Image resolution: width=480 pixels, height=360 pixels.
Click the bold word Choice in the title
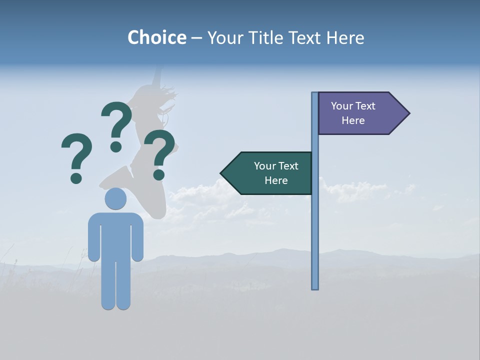(156, 37)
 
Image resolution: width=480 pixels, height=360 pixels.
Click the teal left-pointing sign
(270, 173)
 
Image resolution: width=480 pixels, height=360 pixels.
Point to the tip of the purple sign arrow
(408, 113)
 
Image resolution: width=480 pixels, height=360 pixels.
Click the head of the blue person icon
(115, 199)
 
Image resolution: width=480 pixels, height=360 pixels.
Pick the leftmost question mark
(76, 152)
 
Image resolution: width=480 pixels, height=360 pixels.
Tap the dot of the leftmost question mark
(76, 178)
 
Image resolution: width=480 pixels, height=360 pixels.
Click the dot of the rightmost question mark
(159, 174)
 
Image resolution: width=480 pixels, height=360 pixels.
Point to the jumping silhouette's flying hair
(169, 94)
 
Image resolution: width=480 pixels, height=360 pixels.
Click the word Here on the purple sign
(353, 120)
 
